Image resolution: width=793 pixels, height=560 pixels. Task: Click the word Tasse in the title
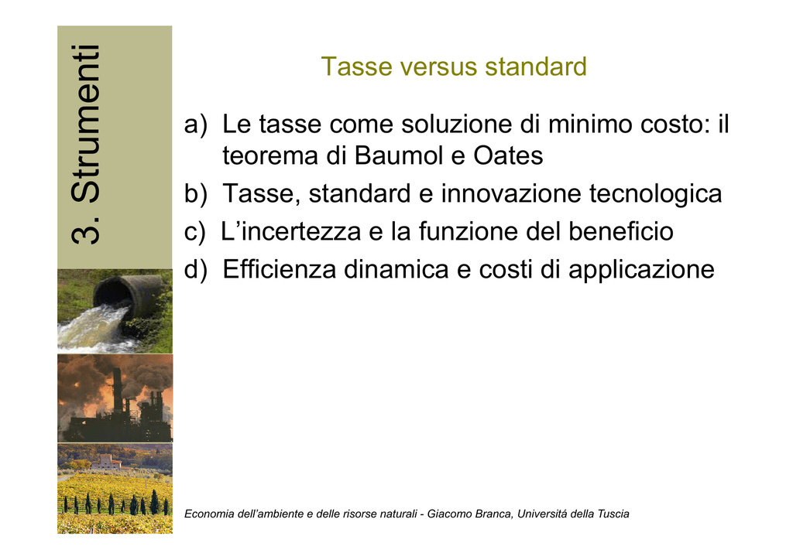pos(356,67)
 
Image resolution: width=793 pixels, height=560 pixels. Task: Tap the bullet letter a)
pos(196,125)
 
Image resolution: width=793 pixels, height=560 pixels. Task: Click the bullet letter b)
pos(196,193)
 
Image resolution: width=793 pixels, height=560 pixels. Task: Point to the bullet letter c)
pos(195,232)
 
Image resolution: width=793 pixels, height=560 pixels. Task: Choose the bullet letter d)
pos(196,269)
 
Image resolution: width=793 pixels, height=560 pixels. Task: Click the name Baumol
pos(399,155)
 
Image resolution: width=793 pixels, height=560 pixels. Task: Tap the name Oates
pos(508,155)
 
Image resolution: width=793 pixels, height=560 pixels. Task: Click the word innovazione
pos(511,193)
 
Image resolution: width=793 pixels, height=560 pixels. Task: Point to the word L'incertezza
pos(291,232)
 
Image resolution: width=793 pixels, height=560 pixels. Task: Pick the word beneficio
pos(620,231)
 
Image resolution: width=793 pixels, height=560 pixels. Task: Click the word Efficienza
pos(279,269)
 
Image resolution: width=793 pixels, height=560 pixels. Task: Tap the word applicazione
pos(641,270)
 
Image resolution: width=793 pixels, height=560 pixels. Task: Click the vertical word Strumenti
pos(86,124)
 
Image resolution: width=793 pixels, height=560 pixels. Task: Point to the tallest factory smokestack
pos(118,391)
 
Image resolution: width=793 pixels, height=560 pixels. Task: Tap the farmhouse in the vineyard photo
pos(107,462)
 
